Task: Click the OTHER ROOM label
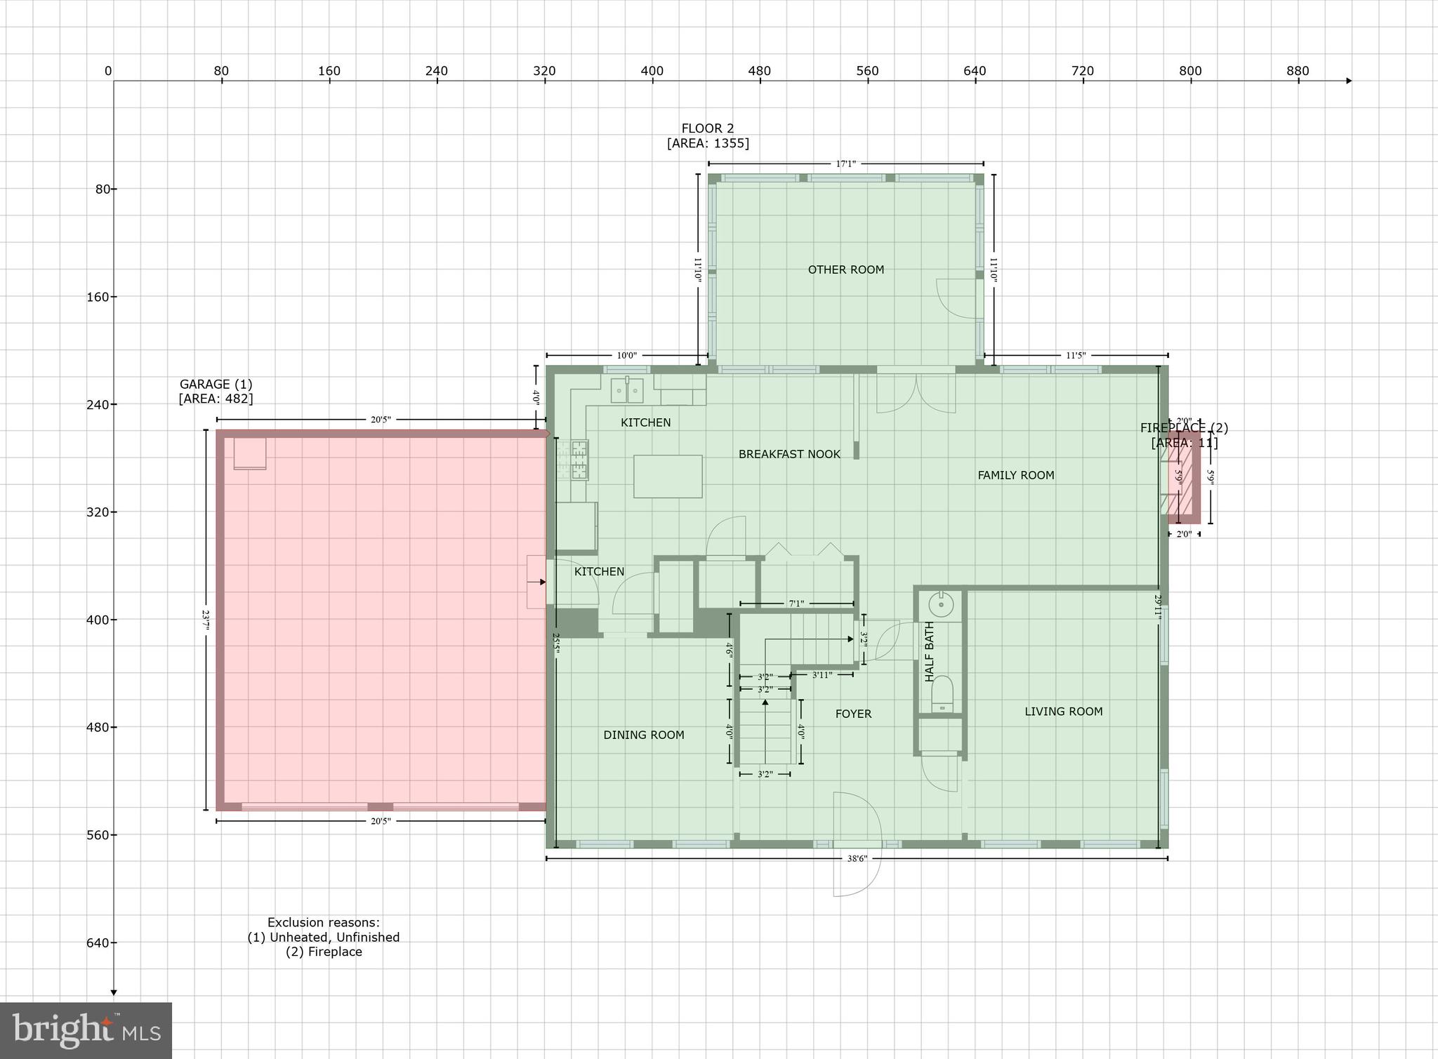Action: pos(845,269)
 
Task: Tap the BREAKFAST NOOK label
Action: pos(789,454)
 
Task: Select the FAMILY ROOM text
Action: pos(1015,475)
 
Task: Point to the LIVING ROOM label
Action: pos(1063,711)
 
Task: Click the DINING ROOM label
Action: pos(643,735)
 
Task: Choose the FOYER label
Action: pos(853,714)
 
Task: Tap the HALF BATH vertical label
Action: pos(930,651)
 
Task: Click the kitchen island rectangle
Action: pos(668,477)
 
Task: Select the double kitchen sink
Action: pos(627,390)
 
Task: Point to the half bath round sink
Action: pos(940,604)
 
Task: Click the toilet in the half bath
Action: pos(942,695)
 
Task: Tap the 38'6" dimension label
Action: pos(857,858)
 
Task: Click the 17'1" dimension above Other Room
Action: pos(845,164)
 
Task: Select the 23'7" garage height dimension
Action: pos(206,620)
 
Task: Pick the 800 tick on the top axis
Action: pos(1190,71)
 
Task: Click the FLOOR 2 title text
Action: pos(707,128)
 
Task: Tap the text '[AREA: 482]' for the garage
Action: pos(216,399)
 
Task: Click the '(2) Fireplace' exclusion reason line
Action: pos(324,952)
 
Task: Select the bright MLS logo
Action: pos(86,1030)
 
